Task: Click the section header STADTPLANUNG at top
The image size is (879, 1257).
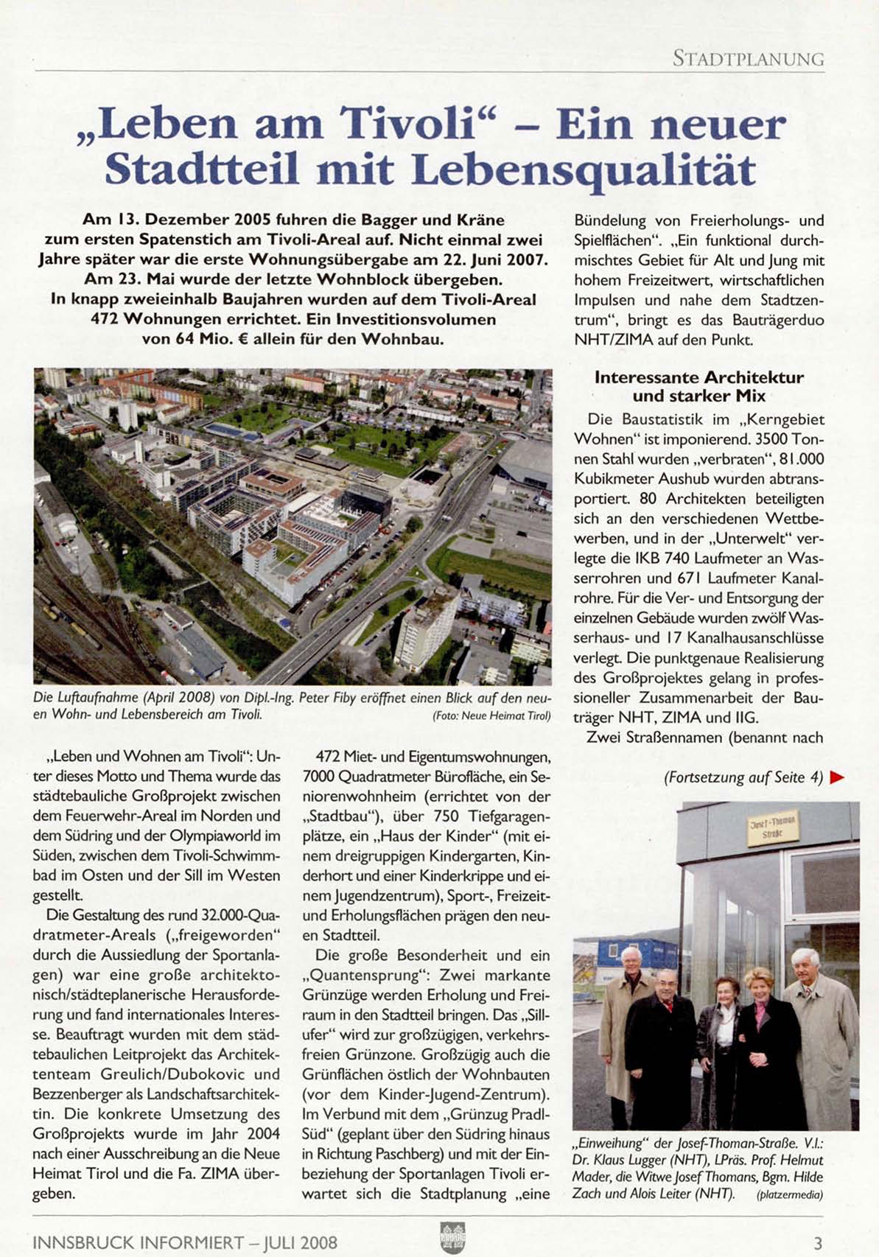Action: click(748, 59)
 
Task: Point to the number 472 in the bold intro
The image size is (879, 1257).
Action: click(105, 320)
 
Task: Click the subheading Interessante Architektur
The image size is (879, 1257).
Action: click(698, 377)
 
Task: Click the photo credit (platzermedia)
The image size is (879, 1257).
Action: click(789, 1195)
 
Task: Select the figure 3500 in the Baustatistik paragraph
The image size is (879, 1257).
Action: click(753, 440)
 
